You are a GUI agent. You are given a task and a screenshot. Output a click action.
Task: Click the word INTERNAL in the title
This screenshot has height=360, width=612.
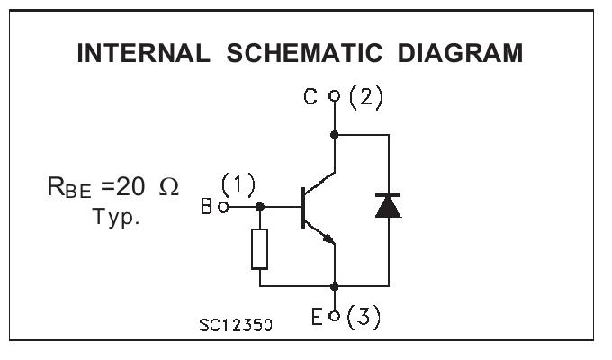144,53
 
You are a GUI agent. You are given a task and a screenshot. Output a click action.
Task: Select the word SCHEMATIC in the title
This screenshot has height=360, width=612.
304,53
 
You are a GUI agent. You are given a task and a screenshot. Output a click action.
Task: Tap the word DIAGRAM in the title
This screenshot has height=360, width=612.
460,53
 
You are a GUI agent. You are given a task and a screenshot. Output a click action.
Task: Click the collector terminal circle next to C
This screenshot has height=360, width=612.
335,95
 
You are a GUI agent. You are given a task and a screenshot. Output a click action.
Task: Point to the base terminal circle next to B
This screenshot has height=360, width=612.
223,207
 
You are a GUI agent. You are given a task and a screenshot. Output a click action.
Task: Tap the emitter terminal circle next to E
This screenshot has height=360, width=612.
335,316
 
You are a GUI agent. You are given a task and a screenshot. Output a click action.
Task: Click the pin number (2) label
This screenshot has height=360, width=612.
365,97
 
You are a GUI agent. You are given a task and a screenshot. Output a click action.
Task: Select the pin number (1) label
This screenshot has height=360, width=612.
238,184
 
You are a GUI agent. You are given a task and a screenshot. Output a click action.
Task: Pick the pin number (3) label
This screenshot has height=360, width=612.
364,317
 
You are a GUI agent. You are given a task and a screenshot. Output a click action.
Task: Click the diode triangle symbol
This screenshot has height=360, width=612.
388,206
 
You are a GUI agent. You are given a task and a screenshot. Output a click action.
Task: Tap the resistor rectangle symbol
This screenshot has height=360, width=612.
259,249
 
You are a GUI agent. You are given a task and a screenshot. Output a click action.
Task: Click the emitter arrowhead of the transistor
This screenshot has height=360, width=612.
329,238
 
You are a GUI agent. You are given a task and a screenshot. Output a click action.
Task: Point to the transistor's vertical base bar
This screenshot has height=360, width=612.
303,207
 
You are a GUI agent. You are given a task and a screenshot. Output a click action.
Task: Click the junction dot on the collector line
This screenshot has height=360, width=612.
335,135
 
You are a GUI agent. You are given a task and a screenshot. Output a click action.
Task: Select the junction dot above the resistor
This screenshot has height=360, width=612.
259,207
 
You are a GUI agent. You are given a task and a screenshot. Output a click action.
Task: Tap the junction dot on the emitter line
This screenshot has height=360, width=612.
335,286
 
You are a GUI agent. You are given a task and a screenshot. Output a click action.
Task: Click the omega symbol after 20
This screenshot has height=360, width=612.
169,187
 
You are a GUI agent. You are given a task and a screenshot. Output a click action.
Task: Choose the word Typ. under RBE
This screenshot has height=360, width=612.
116,217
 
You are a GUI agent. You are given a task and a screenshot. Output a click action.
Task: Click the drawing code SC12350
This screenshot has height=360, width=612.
236,325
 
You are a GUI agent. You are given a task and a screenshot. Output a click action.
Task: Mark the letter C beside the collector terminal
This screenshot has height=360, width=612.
310,96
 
